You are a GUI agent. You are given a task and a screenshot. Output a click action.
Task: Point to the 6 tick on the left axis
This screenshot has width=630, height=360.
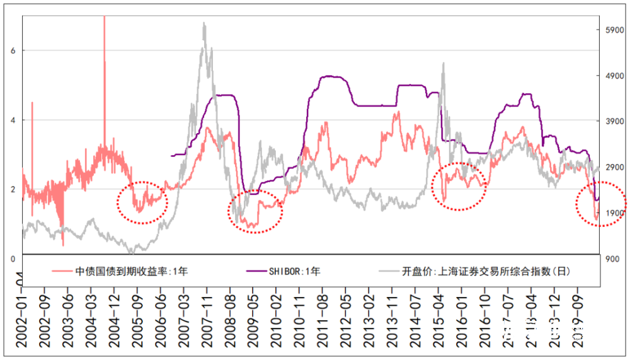(13, 50)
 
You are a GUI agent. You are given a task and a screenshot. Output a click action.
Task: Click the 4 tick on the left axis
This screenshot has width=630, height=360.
(13, 120)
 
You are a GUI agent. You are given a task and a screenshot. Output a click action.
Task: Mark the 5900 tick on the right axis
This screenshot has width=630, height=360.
(613, 30)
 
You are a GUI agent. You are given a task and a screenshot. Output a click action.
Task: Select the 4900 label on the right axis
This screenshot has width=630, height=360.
(613, 76)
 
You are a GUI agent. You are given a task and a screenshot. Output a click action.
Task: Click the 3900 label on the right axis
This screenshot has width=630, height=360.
(613, 122)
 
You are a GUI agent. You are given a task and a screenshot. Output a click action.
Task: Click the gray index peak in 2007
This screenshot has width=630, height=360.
(204, 24)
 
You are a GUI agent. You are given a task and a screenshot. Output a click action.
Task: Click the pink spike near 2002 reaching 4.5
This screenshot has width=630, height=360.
(32, 104)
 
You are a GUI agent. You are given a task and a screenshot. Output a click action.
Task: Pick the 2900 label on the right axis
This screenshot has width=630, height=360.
(613, 168)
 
